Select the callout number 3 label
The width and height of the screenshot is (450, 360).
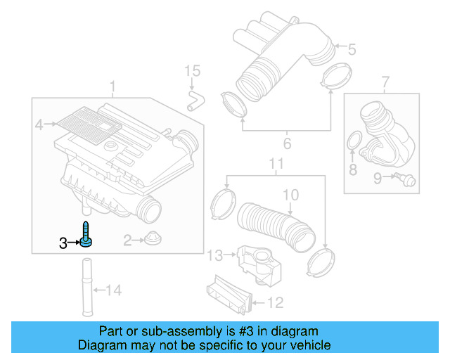63,243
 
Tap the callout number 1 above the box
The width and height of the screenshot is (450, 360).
112,86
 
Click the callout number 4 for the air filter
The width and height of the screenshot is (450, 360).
39,125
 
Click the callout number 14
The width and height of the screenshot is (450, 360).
113,289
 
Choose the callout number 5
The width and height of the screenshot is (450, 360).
352,49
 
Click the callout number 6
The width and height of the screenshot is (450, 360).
286,145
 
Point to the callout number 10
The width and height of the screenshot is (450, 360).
290,194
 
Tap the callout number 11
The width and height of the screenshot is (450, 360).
276,166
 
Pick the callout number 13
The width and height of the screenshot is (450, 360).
214,254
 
